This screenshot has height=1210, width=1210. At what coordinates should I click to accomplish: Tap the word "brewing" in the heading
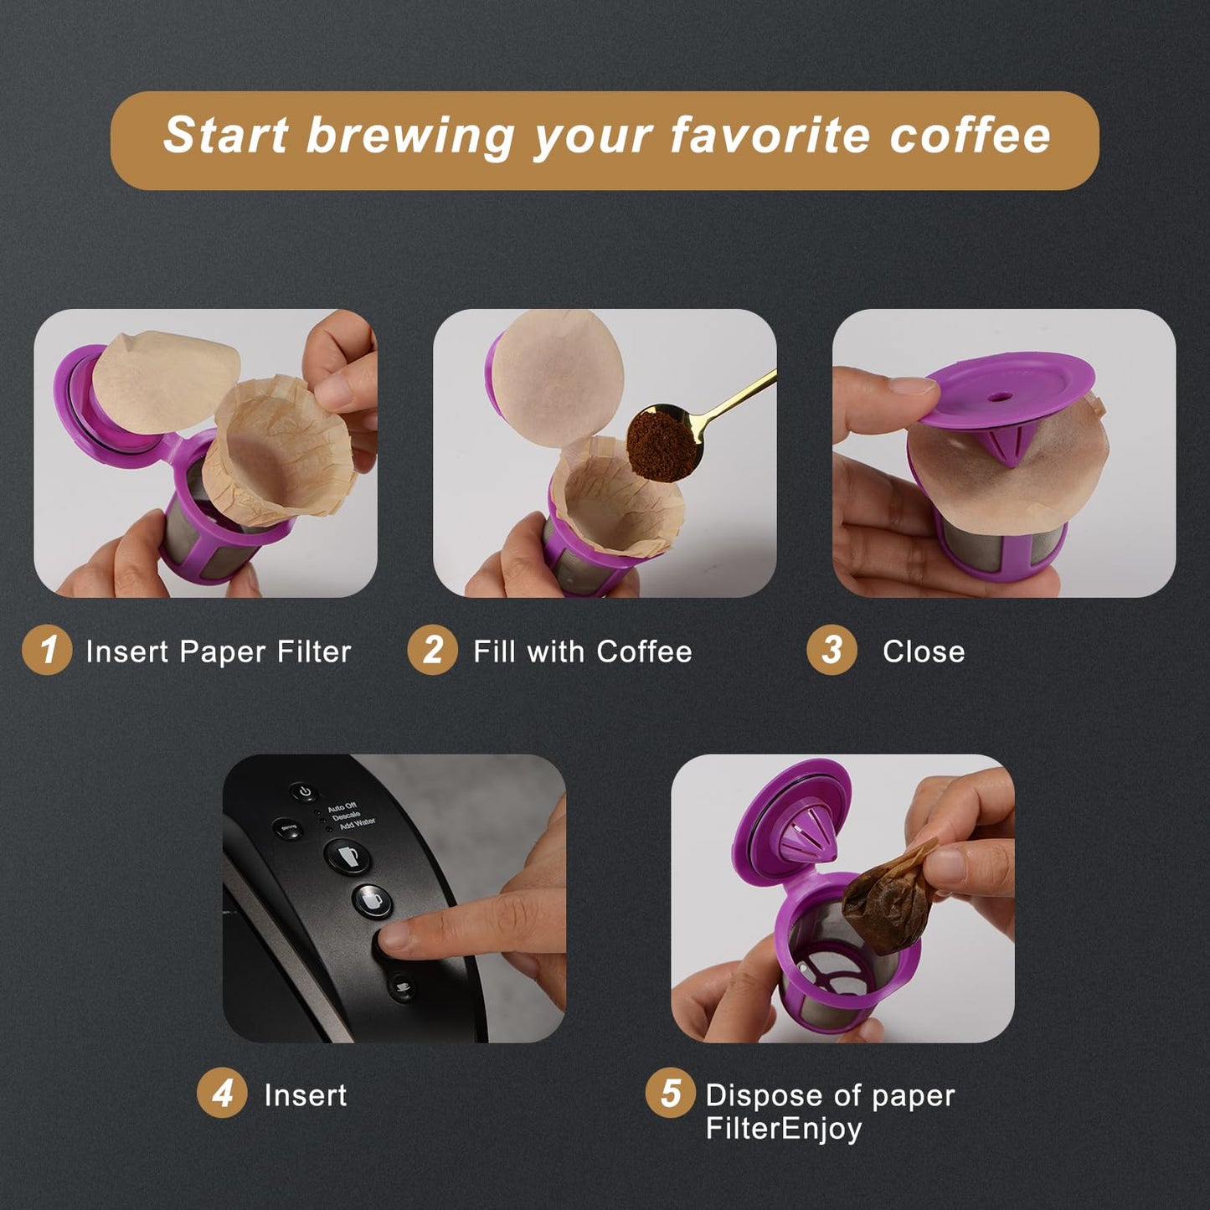tap(409, 136)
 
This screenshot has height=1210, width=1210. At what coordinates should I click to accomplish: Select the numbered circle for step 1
tap(47, 650)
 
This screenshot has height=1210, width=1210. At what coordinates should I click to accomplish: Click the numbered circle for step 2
tap(432, 650)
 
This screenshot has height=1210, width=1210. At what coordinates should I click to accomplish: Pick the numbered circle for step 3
tap(832, 650)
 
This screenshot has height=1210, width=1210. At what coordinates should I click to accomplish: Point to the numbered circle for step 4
tap(222, 1094)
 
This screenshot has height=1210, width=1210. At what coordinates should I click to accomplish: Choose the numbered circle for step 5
tap(670, 1094)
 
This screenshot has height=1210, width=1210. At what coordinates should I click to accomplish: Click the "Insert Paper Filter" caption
tap(219, 651)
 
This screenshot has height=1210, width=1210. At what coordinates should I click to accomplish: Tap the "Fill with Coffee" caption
tap(583, 651)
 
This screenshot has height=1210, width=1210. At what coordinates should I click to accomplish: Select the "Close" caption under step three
tap(924, 651)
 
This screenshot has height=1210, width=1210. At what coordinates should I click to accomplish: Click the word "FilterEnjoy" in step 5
tap(784, 1129)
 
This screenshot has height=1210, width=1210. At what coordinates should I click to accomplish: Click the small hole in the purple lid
tap(999, 394)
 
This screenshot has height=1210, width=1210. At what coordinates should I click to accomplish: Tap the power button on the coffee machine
tap(305, 791)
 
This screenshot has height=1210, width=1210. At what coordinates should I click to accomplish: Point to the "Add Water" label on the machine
tap(358, 824)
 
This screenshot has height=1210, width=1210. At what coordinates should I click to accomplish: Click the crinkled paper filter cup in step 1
tap(281, 448)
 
